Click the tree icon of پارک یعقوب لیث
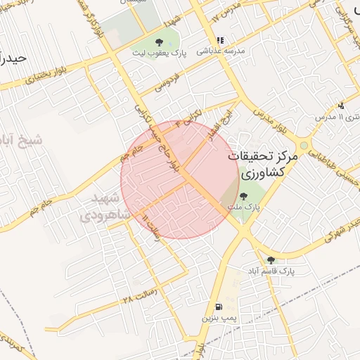[159, 42]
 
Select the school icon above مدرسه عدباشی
[220, 41]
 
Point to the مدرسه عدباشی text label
[220, 51]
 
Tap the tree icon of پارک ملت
[243, 196]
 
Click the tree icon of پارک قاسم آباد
[271, 260]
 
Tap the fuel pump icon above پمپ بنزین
[219, 307]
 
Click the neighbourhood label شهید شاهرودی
[105, 207]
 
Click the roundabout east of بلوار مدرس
[304, 144]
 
